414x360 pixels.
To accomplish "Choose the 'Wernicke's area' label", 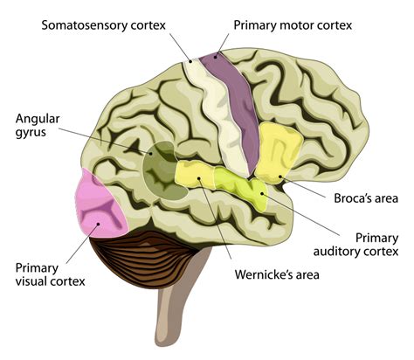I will (x=277, y=274).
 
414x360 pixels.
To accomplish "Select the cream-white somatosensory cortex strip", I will (x=207, y=105).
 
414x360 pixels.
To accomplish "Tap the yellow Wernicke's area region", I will (x=197, y=173).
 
